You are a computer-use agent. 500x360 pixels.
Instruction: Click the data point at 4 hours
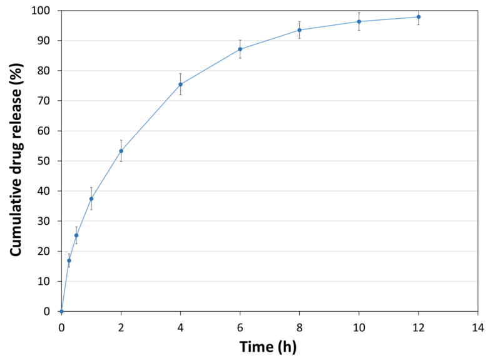tap(180, 85)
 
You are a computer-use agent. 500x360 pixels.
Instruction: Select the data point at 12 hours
tap(418, 17)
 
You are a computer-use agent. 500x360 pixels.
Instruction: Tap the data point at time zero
tap(61, 311)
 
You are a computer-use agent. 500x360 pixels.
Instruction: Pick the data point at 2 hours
tap(121, 151)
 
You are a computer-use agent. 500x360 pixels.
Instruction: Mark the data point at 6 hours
tap(240, 49)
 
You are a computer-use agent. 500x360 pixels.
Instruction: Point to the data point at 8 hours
tap(299, 30)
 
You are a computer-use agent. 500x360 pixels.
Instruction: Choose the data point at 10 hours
tap(359, 21)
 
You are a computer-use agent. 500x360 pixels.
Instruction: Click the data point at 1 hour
tap(91, 198)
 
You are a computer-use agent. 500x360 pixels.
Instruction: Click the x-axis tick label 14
tap(477, 327)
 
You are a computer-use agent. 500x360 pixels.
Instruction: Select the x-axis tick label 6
tap(240, 327)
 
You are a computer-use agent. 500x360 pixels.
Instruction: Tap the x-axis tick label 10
tap(359, 327)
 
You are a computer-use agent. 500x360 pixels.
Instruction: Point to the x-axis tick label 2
tap(121, 327)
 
